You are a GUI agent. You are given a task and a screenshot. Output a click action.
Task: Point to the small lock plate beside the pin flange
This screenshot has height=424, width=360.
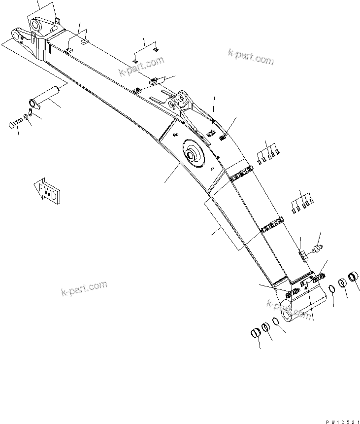[34, 103]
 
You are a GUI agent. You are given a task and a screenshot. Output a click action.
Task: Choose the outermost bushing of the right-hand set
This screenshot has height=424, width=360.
[353, 278]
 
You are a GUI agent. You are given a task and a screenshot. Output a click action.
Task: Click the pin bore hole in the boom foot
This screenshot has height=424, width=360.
[287, 315]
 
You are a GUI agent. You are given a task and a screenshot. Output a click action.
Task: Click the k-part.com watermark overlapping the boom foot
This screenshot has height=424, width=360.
[288, 309]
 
